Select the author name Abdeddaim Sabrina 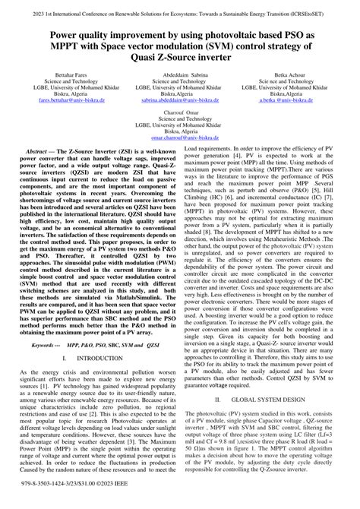tap(179, 77)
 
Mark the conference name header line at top tap(179, 13)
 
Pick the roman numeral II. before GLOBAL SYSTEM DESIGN tap(218, 399)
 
